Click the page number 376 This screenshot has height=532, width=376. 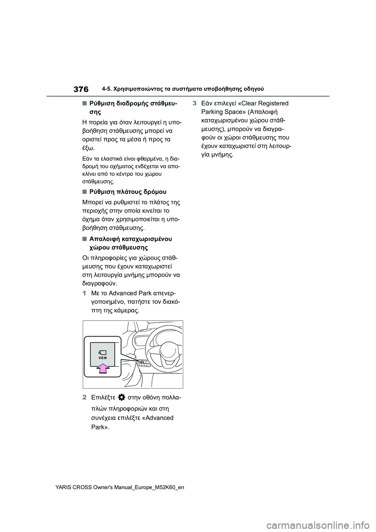[80, 89]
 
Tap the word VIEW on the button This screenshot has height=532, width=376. [103, 358]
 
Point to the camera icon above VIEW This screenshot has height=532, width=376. [103, 352]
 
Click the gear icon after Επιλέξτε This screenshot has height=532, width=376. [121, 397]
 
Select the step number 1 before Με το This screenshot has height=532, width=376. [84, 293]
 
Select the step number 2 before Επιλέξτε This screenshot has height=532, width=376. [84, 397]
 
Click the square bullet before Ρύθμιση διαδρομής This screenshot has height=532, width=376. [84, 103]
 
